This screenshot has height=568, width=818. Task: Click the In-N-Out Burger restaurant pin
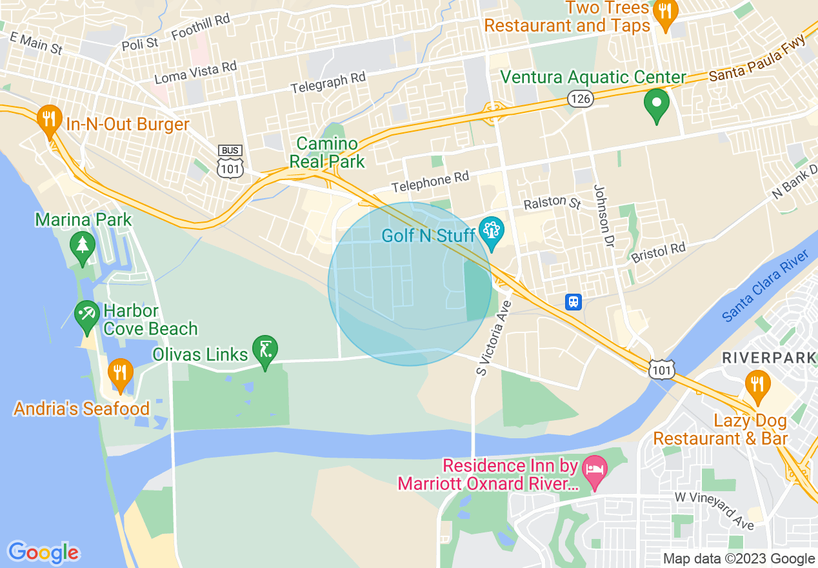pyautogui.click(x=48, y=120)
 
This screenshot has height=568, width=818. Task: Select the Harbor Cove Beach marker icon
pyautogui.click(x=86, y=315)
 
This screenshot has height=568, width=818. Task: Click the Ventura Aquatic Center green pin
pyautogui.click(x=657, y=104)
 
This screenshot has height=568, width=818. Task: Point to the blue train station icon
pyautogui.click(x=574, y=301)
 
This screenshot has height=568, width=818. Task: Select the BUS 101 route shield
pyautogui.click(x=230, y=162)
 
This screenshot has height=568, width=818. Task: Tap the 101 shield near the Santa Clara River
pyautogui.click(x=663, y=369)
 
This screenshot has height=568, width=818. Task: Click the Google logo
pyautogui.click(x=43, y=553)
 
